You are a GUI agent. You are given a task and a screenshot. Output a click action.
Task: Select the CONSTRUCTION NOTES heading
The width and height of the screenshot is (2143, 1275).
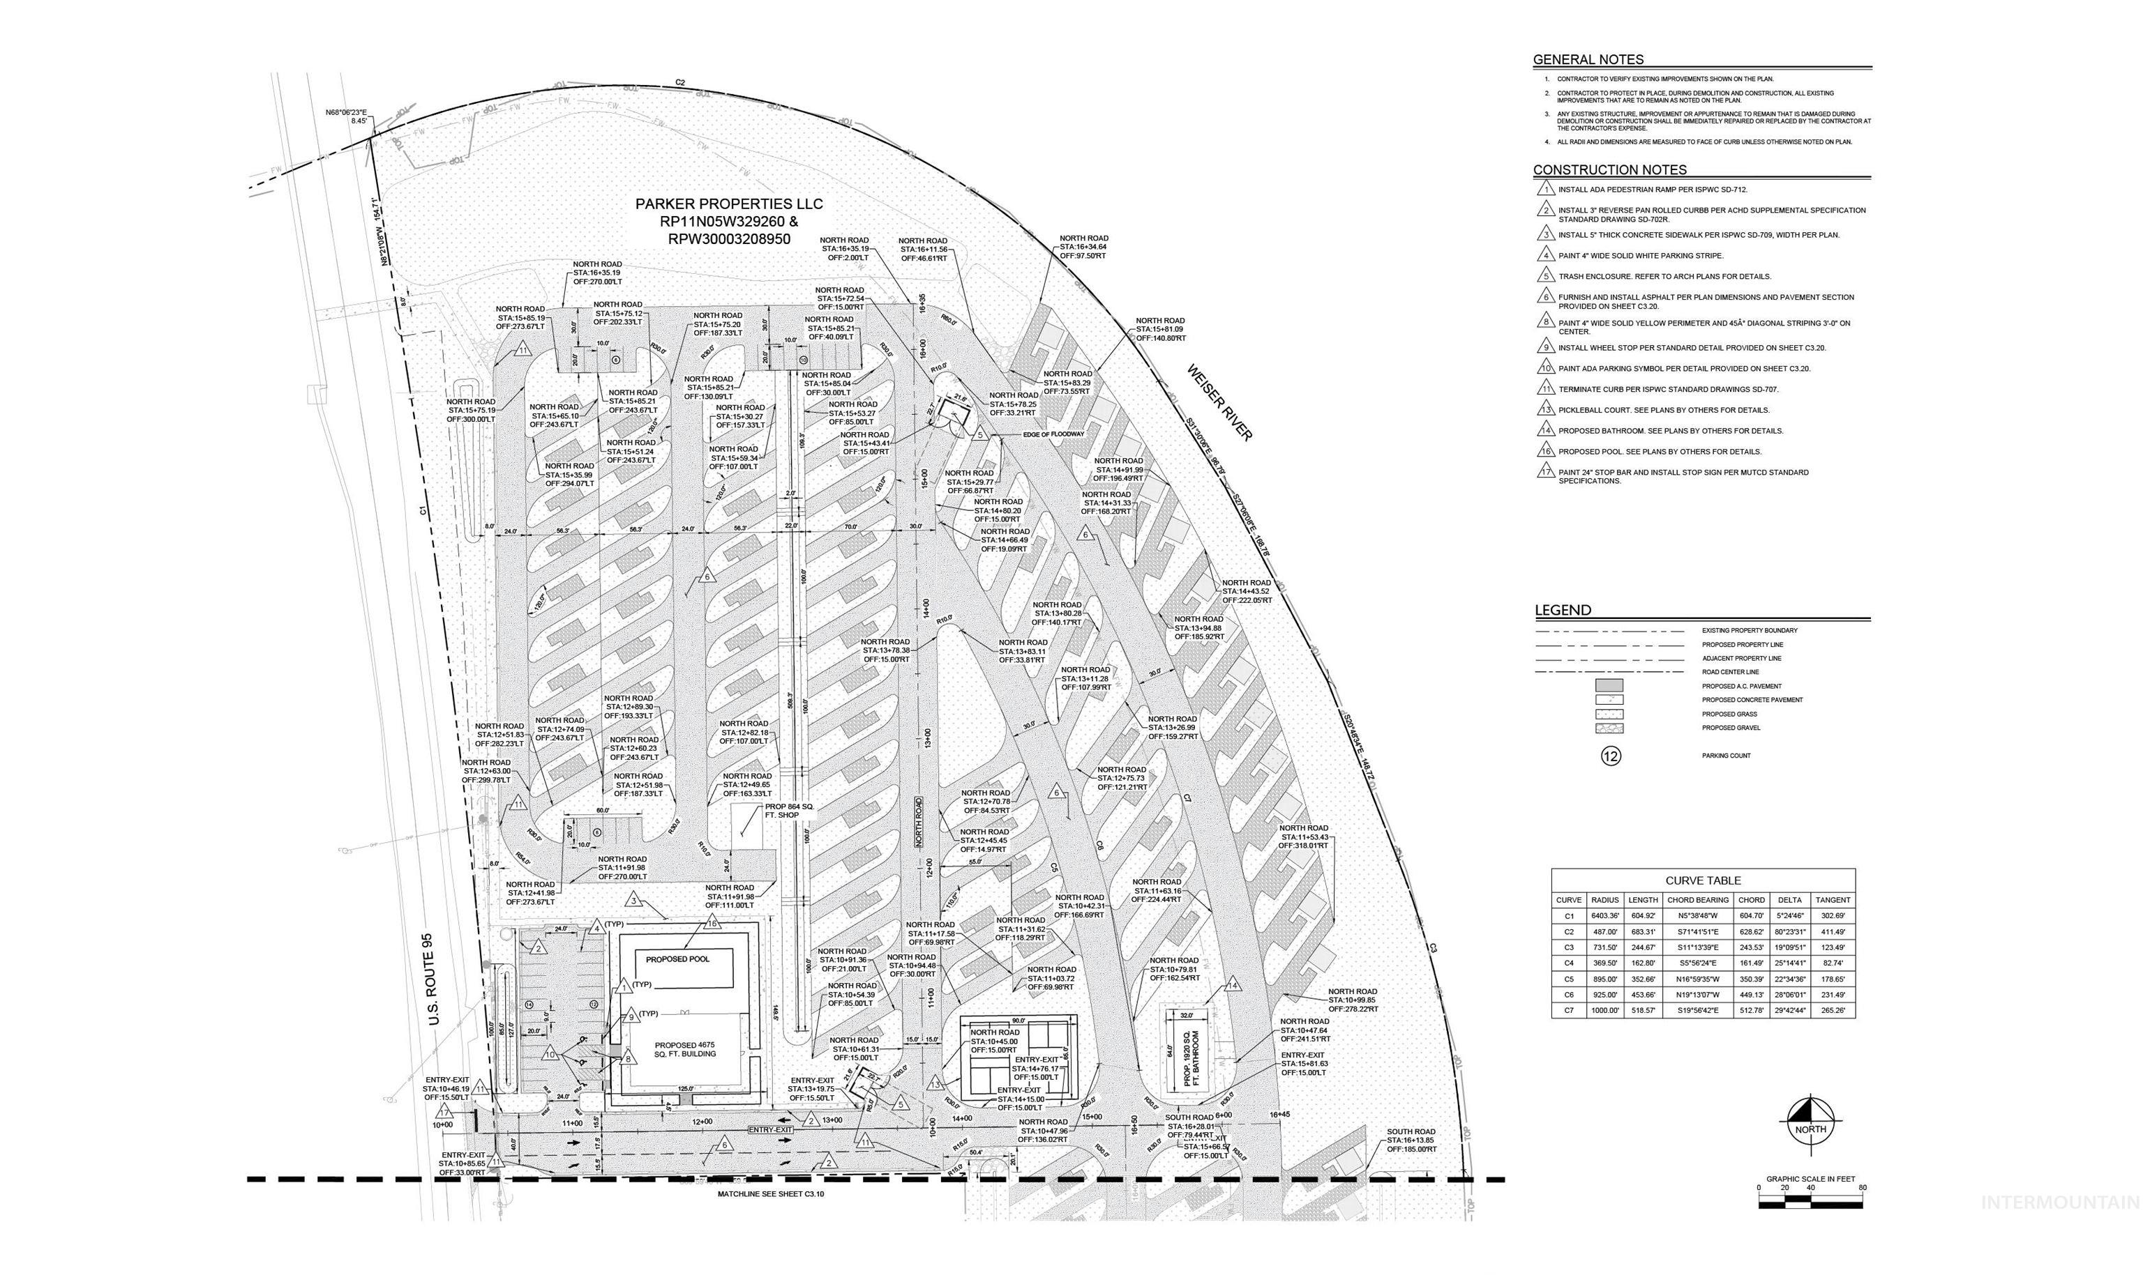1609,169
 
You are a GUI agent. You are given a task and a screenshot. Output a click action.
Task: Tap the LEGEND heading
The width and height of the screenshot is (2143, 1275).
1563,610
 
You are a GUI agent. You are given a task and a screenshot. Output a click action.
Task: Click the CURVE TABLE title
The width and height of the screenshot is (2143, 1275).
1702,880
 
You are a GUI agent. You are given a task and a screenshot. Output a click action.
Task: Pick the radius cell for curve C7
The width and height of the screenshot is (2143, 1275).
1605,1010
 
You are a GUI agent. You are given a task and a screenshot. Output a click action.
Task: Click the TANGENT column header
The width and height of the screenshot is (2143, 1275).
1833,899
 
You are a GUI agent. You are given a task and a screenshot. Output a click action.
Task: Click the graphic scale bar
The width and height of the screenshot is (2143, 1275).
1810,1201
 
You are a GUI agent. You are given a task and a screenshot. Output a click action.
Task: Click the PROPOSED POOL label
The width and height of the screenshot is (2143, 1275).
677,959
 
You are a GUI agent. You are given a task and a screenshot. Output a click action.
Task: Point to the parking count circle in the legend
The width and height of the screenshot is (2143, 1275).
1611,756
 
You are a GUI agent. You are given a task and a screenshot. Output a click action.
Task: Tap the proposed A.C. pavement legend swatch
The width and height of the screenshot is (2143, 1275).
1609,686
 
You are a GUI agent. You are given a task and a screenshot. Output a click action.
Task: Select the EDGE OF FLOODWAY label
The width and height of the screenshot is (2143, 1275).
1054,434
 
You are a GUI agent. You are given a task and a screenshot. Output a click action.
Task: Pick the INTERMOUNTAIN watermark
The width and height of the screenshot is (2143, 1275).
2059,1203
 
